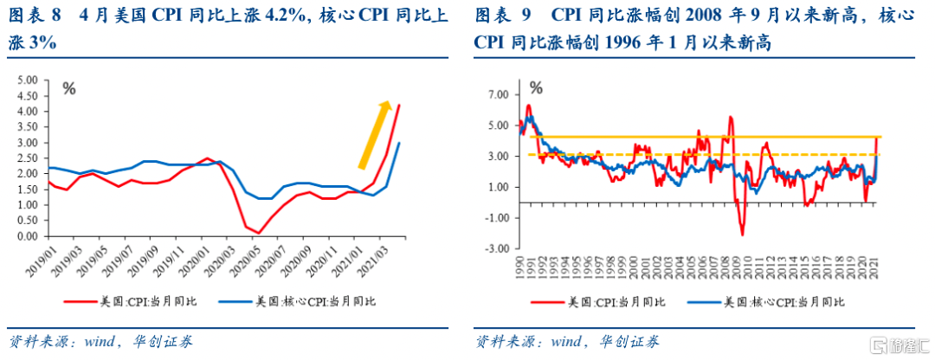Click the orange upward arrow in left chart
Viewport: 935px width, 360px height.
click(x=372, y=134)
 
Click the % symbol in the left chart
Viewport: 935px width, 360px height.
click(x=68, y=87)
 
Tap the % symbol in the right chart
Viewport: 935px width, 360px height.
click(x=536, y=87)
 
